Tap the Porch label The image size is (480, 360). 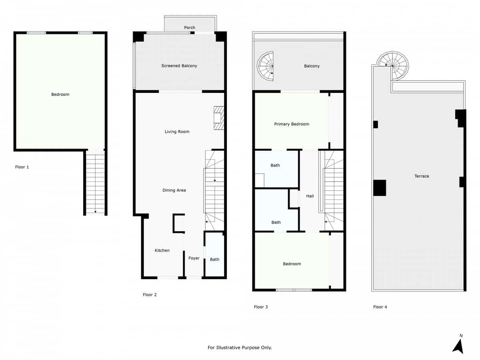click(x=190, y=28)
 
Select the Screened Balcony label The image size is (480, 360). click(x=179, y=66)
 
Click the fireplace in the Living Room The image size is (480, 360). click(x=218, y=118)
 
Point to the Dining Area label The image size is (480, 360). click(x=174, y=190)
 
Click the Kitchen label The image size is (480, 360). click(x=162, y=250)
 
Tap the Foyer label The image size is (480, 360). click(x=194, y=258)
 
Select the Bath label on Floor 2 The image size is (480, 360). click(x=215, y=259)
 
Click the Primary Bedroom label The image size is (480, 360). click(x=292, y=124)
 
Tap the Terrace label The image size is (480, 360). click(x=422, y=176)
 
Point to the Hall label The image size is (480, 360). click(x=310, y=196)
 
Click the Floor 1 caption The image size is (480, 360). click(x=22, y=167)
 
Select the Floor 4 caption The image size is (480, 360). click(x=380, y=307)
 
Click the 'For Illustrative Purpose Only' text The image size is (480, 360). click(x=240, y=348)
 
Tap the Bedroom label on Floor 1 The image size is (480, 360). click(x=60, y=94)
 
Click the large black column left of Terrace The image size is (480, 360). click(x=380, y=188)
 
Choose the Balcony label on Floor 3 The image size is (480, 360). click(x=312, y=66)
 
